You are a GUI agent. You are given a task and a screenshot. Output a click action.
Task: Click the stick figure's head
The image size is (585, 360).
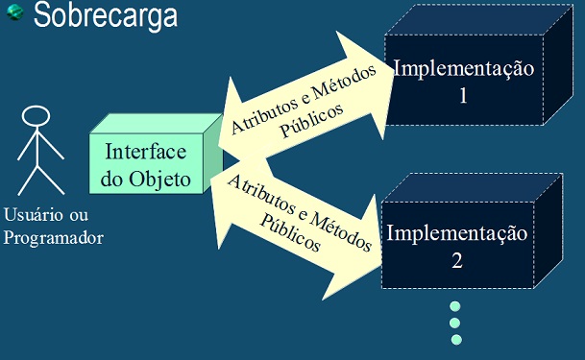[x=36, y=117]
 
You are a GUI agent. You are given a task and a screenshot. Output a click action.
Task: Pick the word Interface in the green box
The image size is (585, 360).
[x=145, y=153]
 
